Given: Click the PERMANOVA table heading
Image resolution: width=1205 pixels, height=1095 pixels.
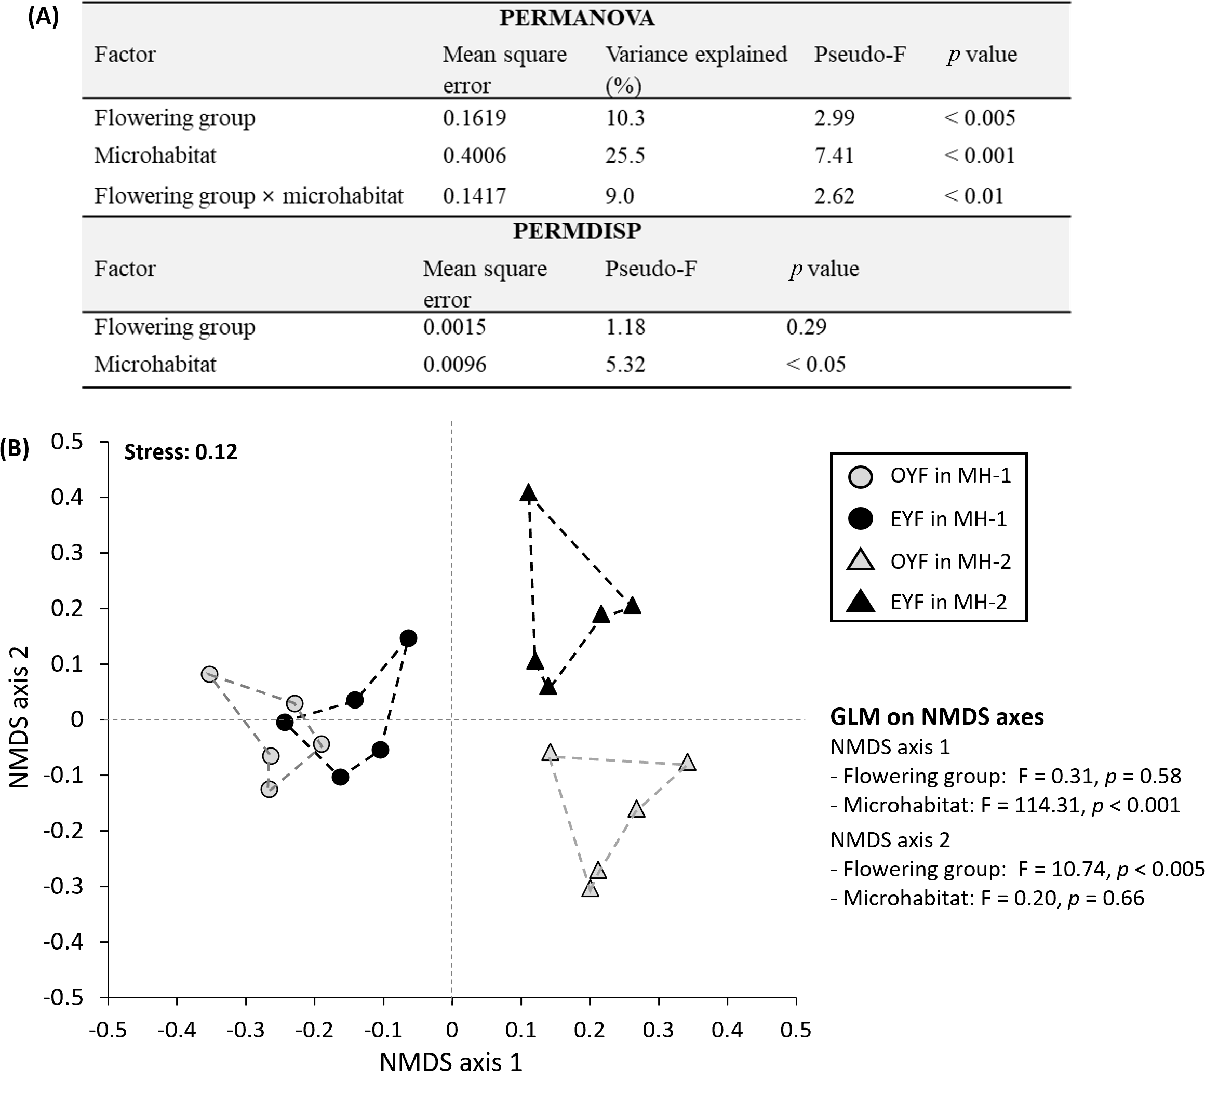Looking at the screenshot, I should [577, 18].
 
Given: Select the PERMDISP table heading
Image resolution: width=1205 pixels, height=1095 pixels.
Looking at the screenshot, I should [577, 231].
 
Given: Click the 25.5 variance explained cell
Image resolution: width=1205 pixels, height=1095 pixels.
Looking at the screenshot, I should [625, 155].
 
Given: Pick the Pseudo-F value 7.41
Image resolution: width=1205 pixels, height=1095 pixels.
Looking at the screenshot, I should [834, 155].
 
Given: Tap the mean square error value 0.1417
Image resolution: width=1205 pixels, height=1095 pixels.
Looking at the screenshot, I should [474, 195].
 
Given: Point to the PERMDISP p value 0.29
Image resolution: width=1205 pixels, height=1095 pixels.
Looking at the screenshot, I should [806, 327].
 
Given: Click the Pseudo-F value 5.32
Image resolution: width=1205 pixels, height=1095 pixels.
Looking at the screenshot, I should [625, 364].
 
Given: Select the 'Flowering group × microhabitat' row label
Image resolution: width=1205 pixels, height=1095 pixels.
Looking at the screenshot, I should [249, 195].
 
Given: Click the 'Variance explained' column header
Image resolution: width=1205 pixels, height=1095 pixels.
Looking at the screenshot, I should [696, 55].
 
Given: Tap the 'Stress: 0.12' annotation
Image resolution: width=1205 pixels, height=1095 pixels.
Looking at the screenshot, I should [181, 452].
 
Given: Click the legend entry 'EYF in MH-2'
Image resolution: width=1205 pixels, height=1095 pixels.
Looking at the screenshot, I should [948, 602].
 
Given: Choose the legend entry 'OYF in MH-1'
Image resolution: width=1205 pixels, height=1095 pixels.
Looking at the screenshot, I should [950, 475].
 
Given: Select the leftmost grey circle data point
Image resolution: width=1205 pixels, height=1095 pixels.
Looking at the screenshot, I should [209, 674].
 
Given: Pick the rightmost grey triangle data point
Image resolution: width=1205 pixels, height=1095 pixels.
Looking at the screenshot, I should [688, 763].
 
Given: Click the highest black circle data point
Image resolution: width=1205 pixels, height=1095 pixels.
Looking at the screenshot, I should [408, 638].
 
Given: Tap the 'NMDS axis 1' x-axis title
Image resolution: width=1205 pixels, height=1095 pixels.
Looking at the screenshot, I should [451, 1062].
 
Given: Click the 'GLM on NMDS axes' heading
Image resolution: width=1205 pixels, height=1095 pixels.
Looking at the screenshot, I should [936, 717].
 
